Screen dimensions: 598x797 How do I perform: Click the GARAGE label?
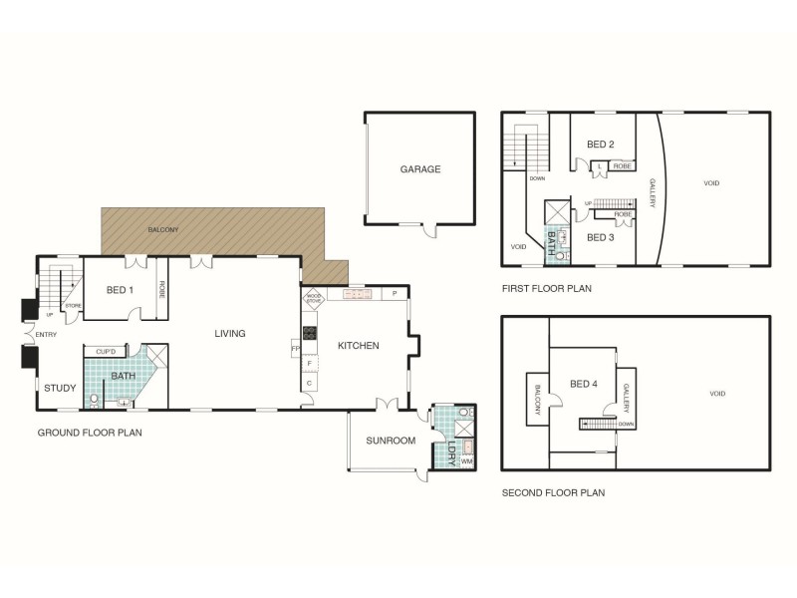pos(419,169)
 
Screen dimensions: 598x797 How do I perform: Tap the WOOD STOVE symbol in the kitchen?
pos(313,297)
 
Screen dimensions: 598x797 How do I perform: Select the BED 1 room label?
pos(120,290)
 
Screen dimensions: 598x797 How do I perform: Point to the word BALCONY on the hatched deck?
pos(162,230)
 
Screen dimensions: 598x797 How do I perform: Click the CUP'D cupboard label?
pos(106,352)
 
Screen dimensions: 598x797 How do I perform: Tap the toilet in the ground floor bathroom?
pos(95,401)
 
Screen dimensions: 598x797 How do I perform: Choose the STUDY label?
pos(59,388)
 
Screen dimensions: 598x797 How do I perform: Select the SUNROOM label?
pos(390,440)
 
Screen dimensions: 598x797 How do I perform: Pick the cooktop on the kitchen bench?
pos(310,333)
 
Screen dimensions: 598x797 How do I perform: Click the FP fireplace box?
pos(296,348)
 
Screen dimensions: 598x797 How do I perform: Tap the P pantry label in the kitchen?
pos(395,294)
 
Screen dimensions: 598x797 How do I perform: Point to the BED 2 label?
pos(600,145)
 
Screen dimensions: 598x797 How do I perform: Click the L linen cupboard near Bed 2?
pos(600,165)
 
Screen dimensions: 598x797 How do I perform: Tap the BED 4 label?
pos(584,384)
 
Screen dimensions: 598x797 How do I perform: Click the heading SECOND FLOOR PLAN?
pos(553,492)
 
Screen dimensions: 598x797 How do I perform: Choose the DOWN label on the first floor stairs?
pos(537,179)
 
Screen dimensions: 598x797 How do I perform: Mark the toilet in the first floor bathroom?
pos(559,255)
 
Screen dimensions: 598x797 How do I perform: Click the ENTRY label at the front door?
pos(46,335)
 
